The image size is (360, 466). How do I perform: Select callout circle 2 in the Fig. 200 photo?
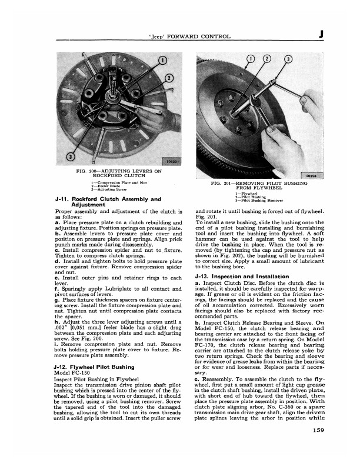click(171, 79)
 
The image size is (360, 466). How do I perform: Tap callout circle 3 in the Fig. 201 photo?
click(289, 59)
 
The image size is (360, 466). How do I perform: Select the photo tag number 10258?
click(312, 175)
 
